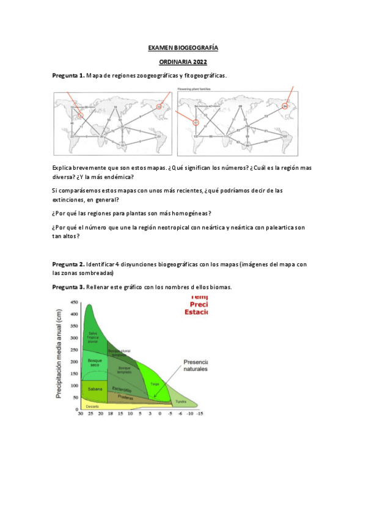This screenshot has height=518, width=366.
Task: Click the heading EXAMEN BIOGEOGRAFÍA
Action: [x=183, y=47]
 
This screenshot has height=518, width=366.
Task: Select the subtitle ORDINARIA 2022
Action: [x=183, y=62]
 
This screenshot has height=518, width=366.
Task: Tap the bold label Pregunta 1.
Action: [x=68, y=76]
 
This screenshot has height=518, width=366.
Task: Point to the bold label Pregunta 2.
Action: [x=68, y=264]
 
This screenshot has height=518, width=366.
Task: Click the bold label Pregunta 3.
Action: [x=68, y=287]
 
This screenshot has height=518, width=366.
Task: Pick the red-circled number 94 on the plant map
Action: [x=285, y=107]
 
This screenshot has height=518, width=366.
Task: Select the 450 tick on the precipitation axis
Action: [x=75, y=303]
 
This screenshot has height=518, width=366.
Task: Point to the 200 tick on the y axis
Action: [x=75, y=362]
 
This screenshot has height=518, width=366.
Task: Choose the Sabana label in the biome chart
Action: [x=95, y=388]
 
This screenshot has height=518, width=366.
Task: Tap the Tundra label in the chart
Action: [x=181, y=401]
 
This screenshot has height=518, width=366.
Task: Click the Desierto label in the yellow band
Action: [x=92, y=406]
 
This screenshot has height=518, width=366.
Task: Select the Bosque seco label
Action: [x=95, y=363]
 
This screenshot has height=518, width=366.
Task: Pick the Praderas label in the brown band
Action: [x=125, y=396]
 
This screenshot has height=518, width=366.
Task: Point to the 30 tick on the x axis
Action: [x=81, y=414]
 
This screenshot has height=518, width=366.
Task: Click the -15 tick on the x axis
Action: [x=199, y=414]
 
